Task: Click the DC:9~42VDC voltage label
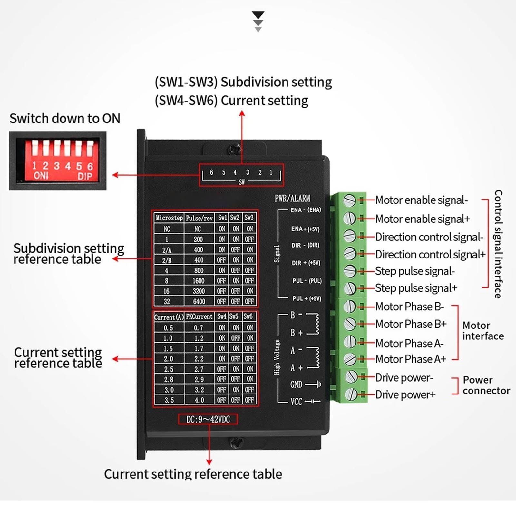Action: pos(208,419)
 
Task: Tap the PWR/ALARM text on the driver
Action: pos(292,198)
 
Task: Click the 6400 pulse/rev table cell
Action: pos(199,301)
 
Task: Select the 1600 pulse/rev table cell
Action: pos(199,281)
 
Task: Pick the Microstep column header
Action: pos(169,218)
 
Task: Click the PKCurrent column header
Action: pos(199,317)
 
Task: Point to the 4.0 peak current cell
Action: pos(199,400)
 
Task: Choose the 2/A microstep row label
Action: pos(167,250)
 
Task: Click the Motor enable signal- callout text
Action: pos(422,200)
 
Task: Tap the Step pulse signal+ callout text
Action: pos(416,288)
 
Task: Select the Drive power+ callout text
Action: pos(405,394)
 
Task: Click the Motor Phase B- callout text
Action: pos(410,307)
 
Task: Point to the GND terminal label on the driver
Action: pos(296,385)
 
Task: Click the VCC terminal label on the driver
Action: pos(296,402)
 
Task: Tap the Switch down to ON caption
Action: pos(65,119)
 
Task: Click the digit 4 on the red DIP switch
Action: pos(68,166)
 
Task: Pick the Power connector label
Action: pos(486,385)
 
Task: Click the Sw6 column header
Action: pos(248,316)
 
